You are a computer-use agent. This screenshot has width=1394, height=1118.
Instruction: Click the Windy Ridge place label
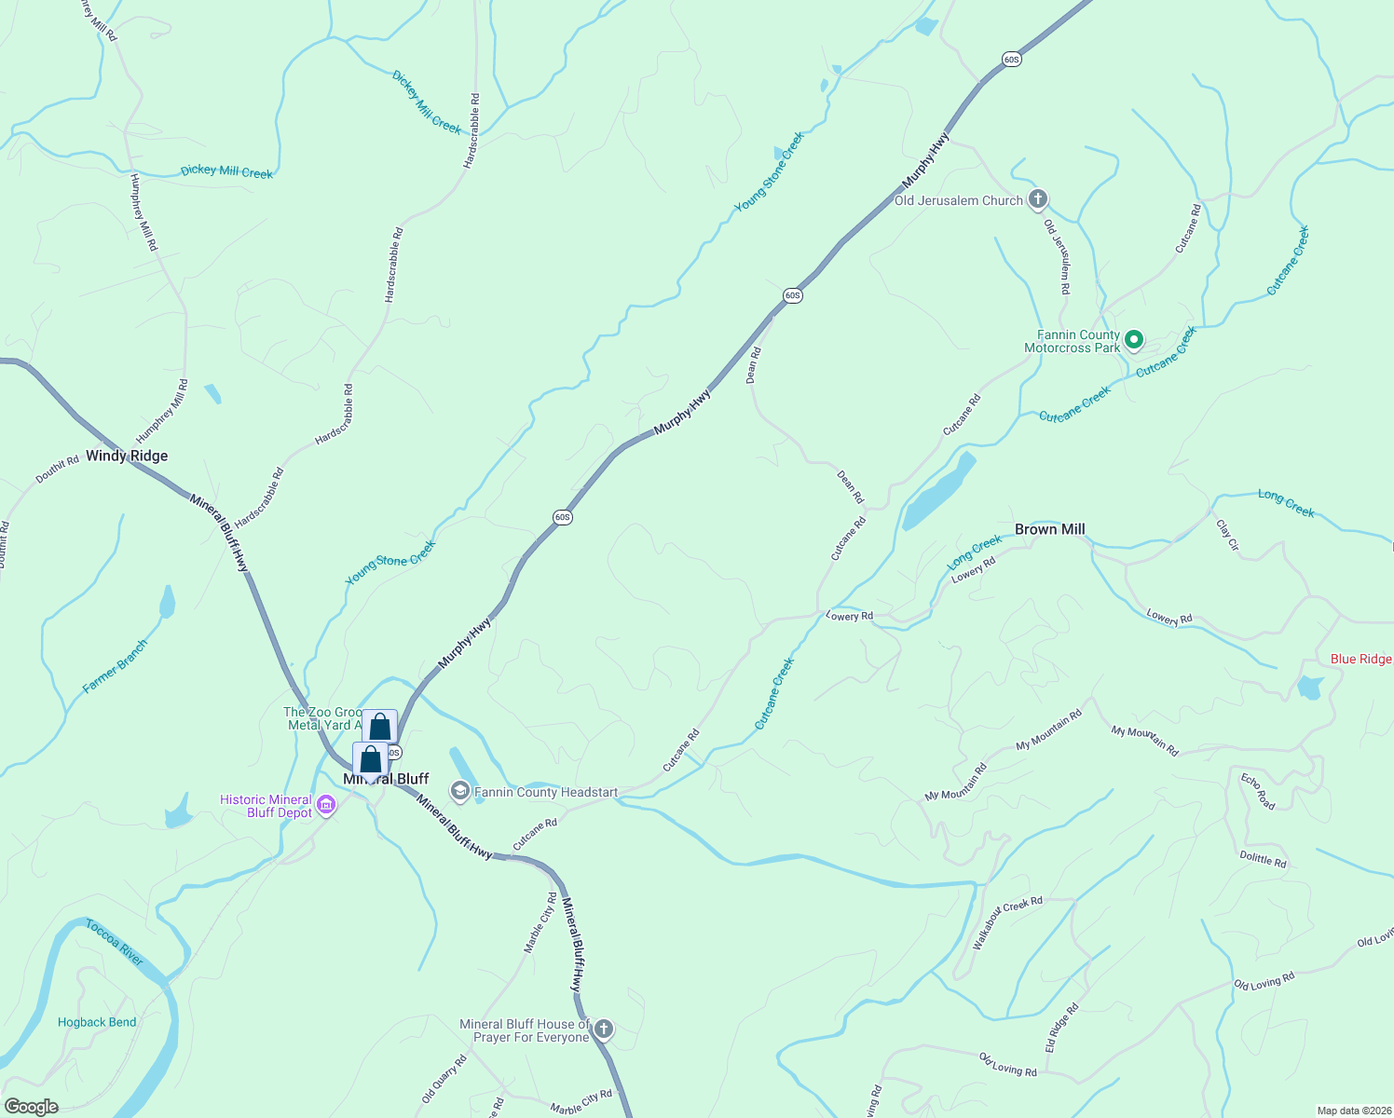click(127, 456)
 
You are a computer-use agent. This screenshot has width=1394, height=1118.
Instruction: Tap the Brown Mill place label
click(1049, 529)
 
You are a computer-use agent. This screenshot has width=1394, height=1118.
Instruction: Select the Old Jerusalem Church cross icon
click(1037, 198)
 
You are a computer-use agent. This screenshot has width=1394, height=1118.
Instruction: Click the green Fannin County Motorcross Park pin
click(1134, 340)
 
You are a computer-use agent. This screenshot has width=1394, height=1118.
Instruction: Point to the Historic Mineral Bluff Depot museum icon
click(325, 805)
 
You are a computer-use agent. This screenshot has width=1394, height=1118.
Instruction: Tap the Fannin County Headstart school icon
click(459, 791)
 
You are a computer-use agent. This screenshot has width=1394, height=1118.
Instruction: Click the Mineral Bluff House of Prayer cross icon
click(604, 1029)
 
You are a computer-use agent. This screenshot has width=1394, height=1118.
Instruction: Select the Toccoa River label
click(114, 942)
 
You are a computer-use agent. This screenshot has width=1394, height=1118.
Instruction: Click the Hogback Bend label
click(97, 1022)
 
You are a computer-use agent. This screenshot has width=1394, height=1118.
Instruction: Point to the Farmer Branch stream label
click(115, 666)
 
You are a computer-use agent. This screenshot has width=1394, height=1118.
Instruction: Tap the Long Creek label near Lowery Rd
click(974, 552)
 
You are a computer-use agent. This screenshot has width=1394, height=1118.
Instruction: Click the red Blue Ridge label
click(1361, 659)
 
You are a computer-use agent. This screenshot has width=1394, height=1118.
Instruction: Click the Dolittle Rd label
click(1263, 859)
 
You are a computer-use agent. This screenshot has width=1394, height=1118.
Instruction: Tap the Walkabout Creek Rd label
click(1006, 922)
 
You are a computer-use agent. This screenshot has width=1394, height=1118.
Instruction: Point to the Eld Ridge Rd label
click(1061, 1028)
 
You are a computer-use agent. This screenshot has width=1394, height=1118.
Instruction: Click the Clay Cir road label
click(1227, 534)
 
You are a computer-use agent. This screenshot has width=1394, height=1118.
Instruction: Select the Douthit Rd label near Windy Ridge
click(57, 470)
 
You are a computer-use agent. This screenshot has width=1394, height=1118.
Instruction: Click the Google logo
click(31, 1107)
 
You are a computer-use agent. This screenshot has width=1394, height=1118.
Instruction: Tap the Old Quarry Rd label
click(444, 1079)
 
